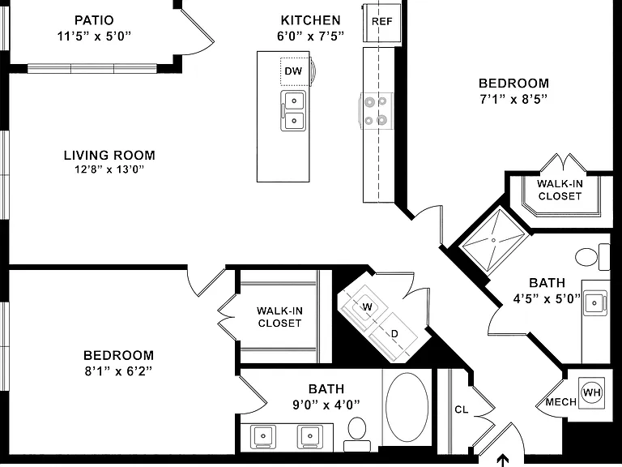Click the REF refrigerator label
381,21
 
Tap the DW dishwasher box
295,71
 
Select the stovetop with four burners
377,111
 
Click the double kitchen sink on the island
293,111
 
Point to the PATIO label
94,19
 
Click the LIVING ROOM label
109,155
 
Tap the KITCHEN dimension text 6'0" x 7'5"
310,36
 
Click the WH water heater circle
591,392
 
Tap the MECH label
561,402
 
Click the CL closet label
462,409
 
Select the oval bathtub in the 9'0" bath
407,407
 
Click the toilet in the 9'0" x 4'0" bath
357,433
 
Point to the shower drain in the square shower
493,240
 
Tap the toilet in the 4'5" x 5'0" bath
592,256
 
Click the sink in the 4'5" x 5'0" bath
594,303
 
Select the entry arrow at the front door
503,460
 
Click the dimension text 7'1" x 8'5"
513,99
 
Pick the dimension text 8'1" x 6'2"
118,371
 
